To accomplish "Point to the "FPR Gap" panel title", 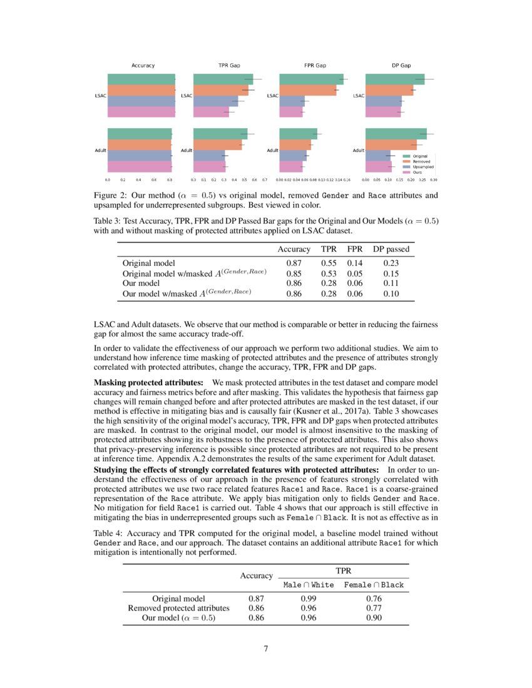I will (x=314, y=65).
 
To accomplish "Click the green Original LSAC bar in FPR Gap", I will (x=311, y=79).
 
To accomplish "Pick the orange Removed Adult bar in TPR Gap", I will (x=217, y=145).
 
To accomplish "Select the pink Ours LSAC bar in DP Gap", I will (x=382, y=112).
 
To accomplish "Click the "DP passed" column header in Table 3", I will (x=391, y=249).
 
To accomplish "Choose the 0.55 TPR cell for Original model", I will (x=330, y=263).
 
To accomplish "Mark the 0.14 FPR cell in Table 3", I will (x=355, y=263).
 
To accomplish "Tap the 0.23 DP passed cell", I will (x=391, y=263).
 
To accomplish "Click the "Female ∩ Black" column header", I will (x=374, y=585).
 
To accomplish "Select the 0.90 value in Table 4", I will (x=374, y=617).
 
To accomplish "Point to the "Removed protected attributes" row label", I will (x=179, y=607).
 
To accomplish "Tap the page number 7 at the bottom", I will (x=266, y=648).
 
